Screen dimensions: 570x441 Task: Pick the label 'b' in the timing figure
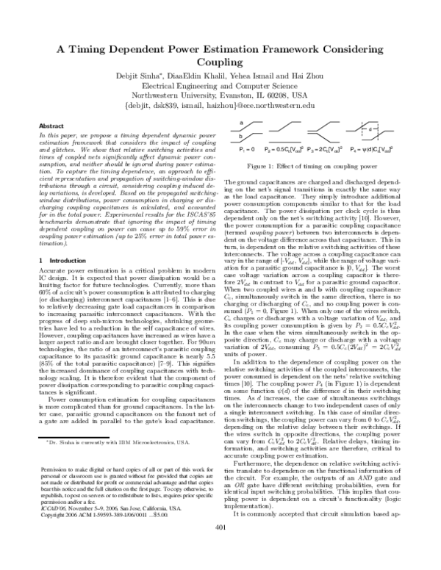pyautogui.click(x=242, y=137)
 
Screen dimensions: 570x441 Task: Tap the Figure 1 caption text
pyautogui.click(x=309, y=167)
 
